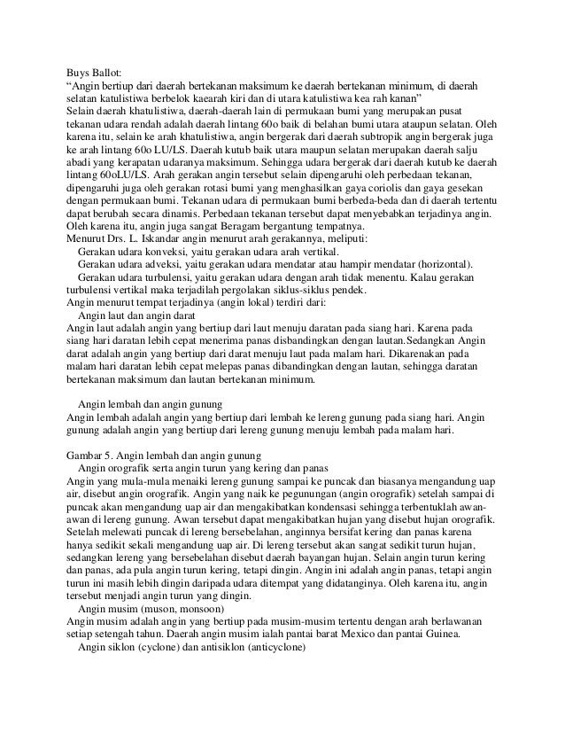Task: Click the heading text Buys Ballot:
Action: (97, 72)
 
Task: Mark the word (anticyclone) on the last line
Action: (260, 657)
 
